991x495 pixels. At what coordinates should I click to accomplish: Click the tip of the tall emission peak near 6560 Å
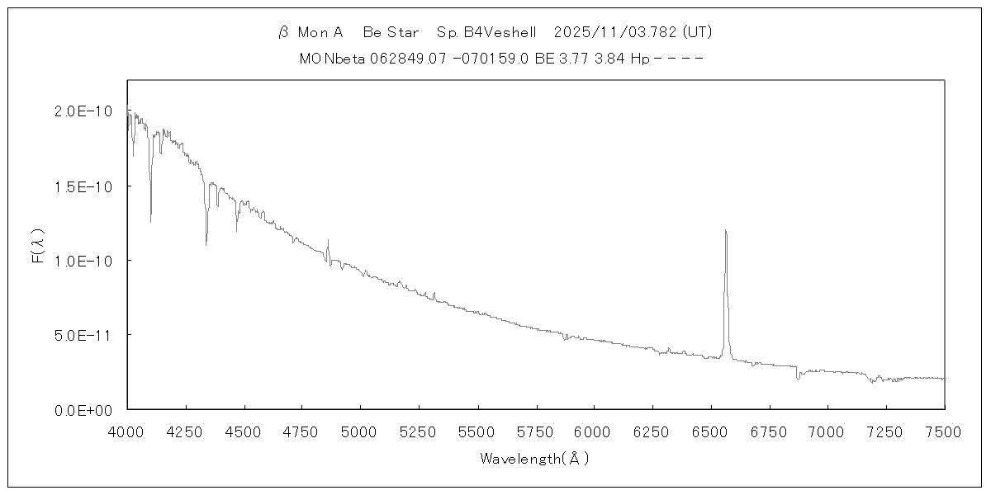725,230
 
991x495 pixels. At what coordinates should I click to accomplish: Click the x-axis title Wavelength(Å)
535,459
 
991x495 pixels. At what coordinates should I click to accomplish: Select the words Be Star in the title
391,33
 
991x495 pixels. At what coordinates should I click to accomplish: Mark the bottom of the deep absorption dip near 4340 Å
206,244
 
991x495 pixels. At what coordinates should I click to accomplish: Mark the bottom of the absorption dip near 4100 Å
150,222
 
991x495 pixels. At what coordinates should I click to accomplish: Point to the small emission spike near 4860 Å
328,240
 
